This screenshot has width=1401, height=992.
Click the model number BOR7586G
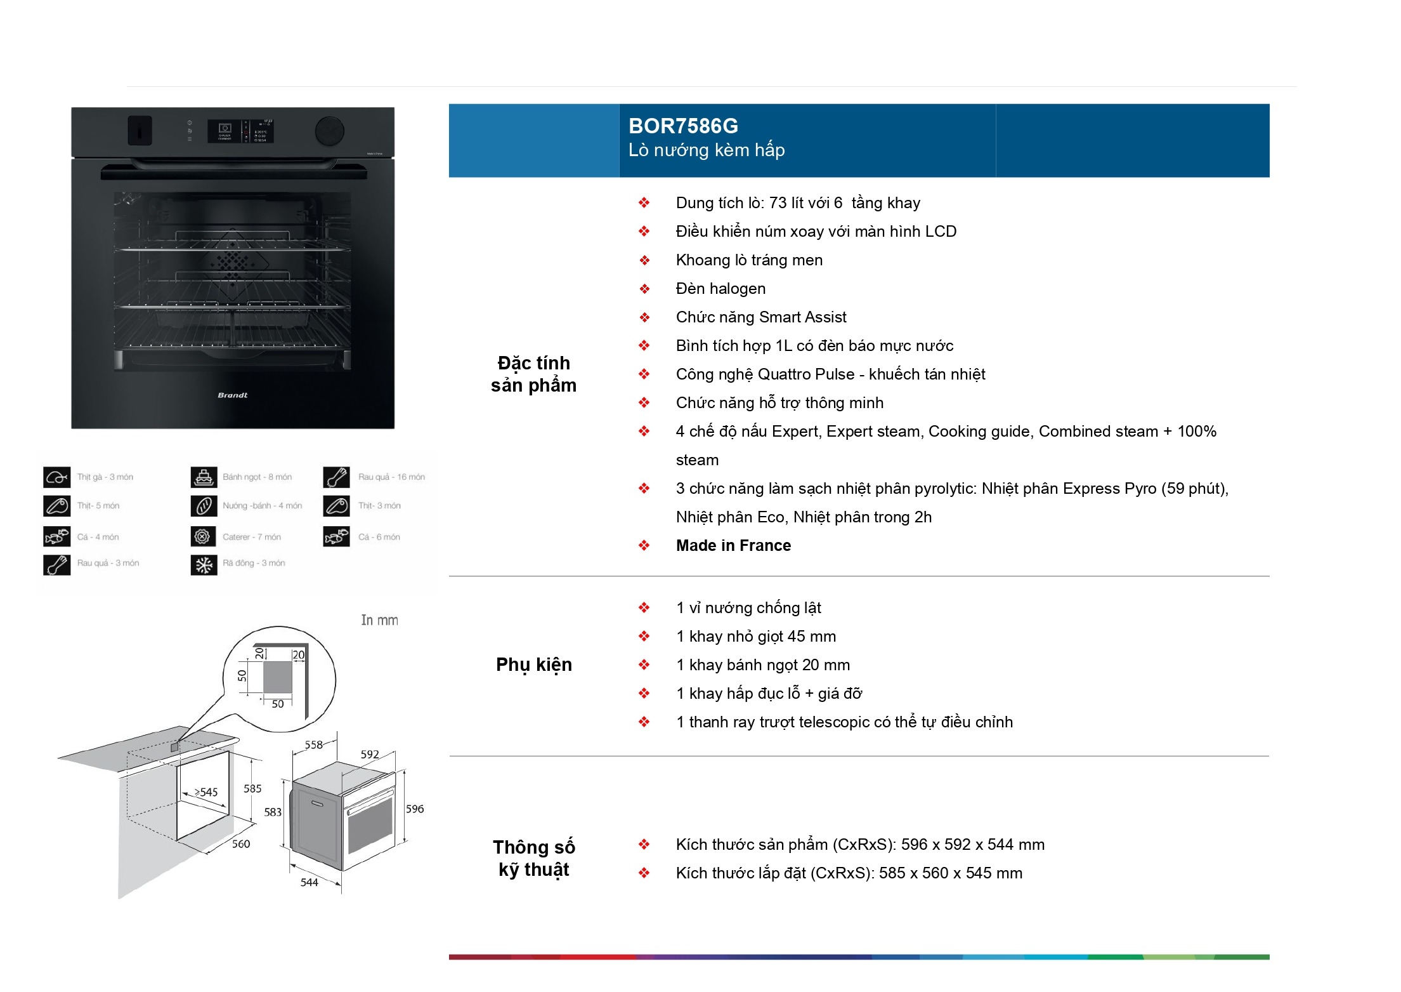pos(683,126)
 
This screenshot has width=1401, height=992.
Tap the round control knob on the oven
pos(330,131)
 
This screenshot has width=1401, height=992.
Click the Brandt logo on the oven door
pos(233,395)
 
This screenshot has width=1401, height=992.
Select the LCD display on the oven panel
pos(240,131)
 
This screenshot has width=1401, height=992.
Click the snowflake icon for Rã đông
pos(204,564)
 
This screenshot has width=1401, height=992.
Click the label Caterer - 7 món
pos(251,537)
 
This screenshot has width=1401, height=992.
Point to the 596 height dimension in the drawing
pos(415,809)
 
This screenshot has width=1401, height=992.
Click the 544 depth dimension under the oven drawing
pos(309,882)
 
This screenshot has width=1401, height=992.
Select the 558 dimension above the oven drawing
pos(313,744)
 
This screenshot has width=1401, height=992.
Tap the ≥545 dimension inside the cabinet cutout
pos(206,792)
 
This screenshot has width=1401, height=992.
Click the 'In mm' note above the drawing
pos(379,620)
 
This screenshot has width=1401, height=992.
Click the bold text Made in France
pos(733,545)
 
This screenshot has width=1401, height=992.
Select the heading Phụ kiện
pos(533,665)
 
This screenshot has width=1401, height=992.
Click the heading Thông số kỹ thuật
pos(533,858)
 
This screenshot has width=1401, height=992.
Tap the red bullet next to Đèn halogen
pos(644,289)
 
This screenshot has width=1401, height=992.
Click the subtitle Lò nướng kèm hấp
pos(707,150)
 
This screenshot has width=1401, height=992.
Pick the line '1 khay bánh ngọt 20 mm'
pos(763,665)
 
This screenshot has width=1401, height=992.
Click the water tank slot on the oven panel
pos(140,130)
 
